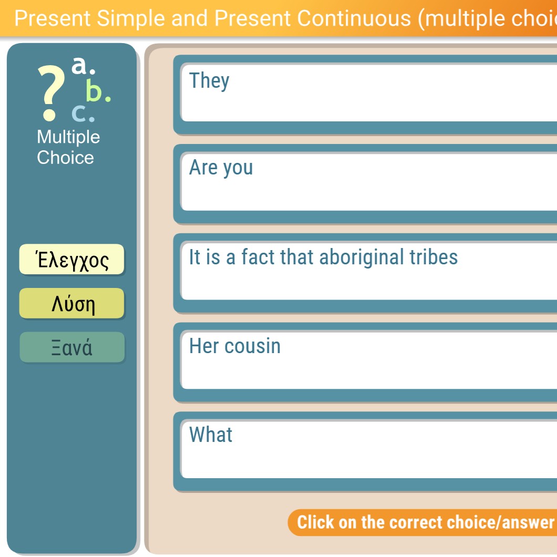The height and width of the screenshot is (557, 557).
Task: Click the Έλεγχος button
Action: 72,259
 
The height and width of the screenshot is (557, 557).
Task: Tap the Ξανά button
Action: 72,347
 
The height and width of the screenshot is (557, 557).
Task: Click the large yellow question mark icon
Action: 51,92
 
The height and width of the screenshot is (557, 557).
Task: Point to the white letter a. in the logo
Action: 84,65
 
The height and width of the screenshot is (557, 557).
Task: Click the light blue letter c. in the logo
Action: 83,114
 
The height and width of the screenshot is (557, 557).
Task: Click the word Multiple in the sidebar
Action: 68,138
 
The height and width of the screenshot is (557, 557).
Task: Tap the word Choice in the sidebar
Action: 65,157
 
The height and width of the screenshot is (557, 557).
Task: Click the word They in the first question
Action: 209,81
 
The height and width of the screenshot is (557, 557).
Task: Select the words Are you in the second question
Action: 221,168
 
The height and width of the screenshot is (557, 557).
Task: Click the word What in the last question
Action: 211,434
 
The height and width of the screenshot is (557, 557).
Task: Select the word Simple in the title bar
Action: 131,18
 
